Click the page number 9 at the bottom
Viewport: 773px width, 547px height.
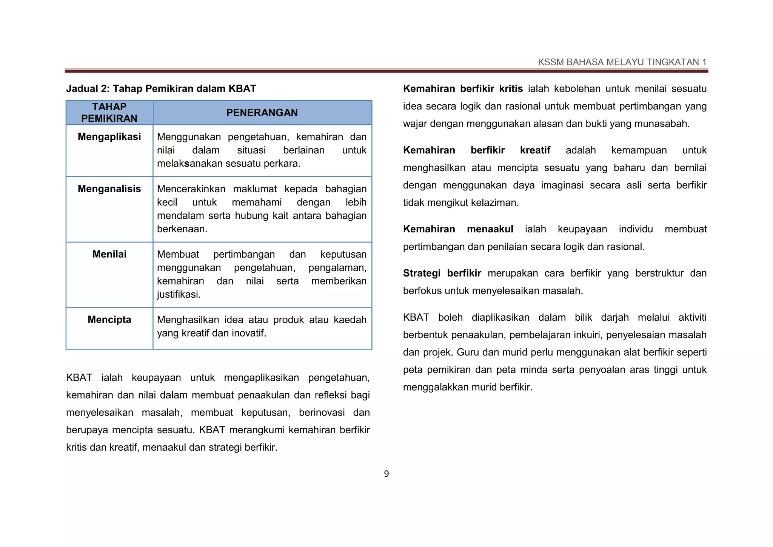tap(386, 474)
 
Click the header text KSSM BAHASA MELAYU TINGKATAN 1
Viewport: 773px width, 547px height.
tap(622, 62)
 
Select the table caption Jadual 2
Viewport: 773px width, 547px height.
tap(161, 89)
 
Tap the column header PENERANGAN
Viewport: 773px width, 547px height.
tap(262, 113)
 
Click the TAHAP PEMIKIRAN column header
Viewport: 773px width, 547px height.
tap(109, 113)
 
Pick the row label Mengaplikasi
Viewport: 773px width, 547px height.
tap(109, 137)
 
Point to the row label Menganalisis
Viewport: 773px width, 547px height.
tap(109, 189)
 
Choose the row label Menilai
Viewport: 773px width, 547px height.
tap(109, 254)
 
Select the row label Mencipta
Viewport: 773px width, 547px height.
tap(109, 320)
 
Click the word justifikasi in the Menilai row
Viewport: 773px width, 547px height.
tap(178, 294)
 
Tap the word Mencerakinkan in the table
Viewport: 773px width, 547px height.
tap(191, 189)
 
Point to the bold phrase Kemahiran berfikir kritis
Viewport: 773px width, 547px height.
tap(463, 89)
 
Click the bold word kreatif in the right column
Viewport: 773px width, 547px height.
tap(535, 150)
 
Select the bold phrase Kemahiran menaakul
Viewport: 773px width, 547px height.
tap(458, 229)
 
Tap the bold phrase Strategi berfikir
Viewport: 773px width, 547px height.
tap(442, 273)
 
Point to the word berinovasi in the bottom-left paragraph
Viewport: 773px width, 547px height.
tap(322, 413)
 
